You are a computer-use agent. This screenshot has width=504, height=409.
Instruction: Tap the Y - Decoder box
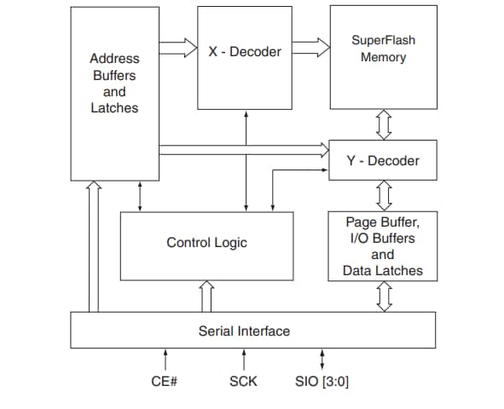[383, 160]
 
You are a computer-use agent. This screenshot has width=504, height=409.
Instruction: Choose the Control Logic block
[206, 243]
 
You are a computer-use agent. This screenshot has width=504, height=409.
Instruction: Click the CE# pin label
[164, 381]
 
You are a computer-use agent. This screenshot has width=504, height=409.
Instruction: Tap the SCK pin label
[244, 381]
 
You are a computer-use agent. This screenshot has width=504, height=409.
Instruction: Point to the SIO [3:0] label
[321, 381]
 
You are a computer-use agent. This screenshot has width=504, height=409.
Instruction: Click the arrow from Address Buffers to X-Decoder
[177, 49]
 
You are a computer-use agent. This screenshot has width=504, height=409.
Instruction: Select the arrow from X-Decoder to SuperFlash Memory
[310, 49]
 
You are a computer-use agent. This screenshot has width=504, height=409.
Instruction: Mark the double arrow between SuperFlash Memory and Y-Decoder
[383, 124]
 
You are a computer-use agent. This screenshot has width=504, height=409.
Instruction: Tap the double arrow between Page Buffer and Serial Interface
[383, 297]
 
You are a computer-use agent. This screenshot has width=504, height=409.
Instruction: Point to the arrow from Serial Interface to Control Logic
[206, 297]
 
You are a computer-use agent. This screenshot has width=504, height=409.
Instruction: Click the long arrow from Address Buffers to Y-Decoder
[243, 149]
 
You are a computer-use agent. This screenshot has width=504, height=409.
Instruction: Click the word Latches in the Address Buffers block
[114, 108]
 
